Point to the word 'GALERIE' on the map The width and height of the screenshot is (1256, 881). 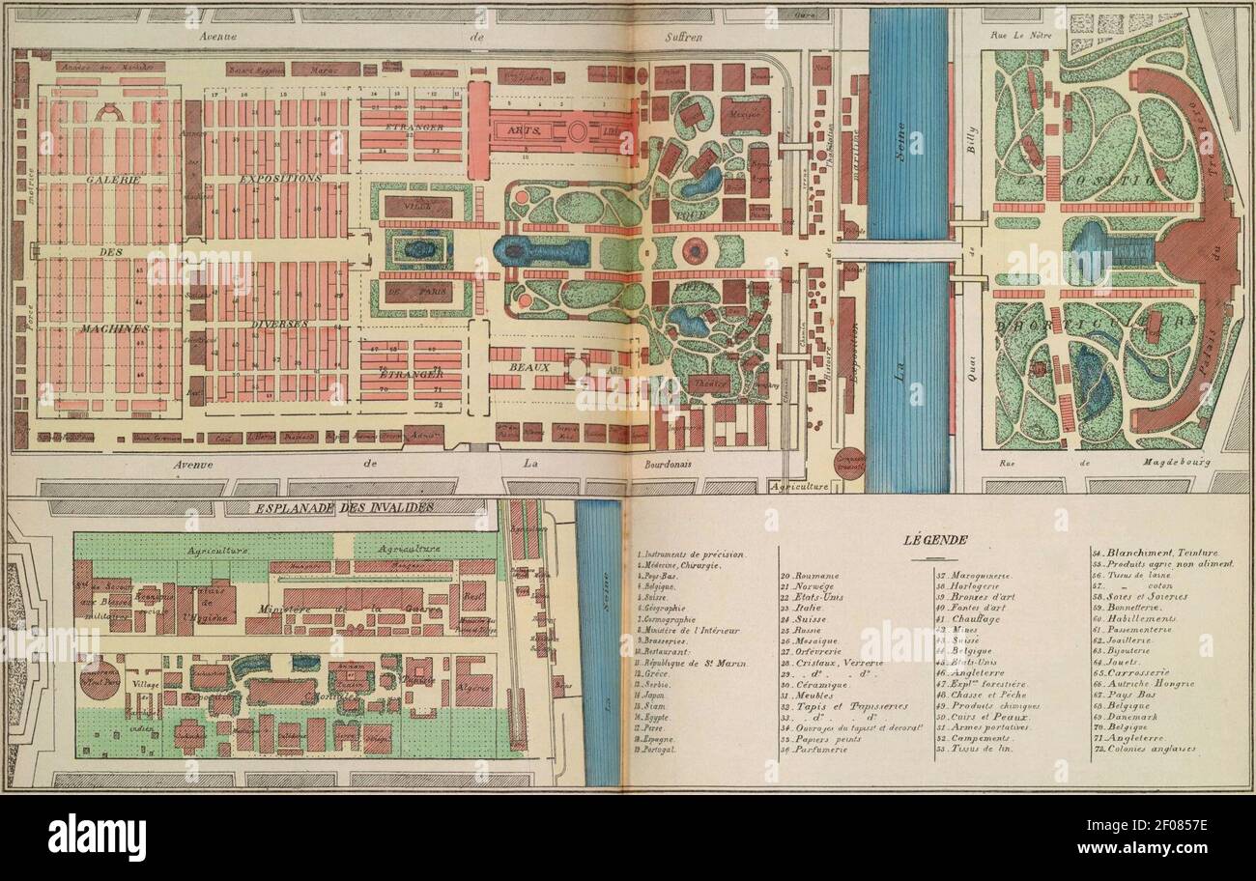click(112, 180)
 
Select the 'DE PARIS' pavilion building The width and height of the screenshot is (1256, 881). click(418, 291)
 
